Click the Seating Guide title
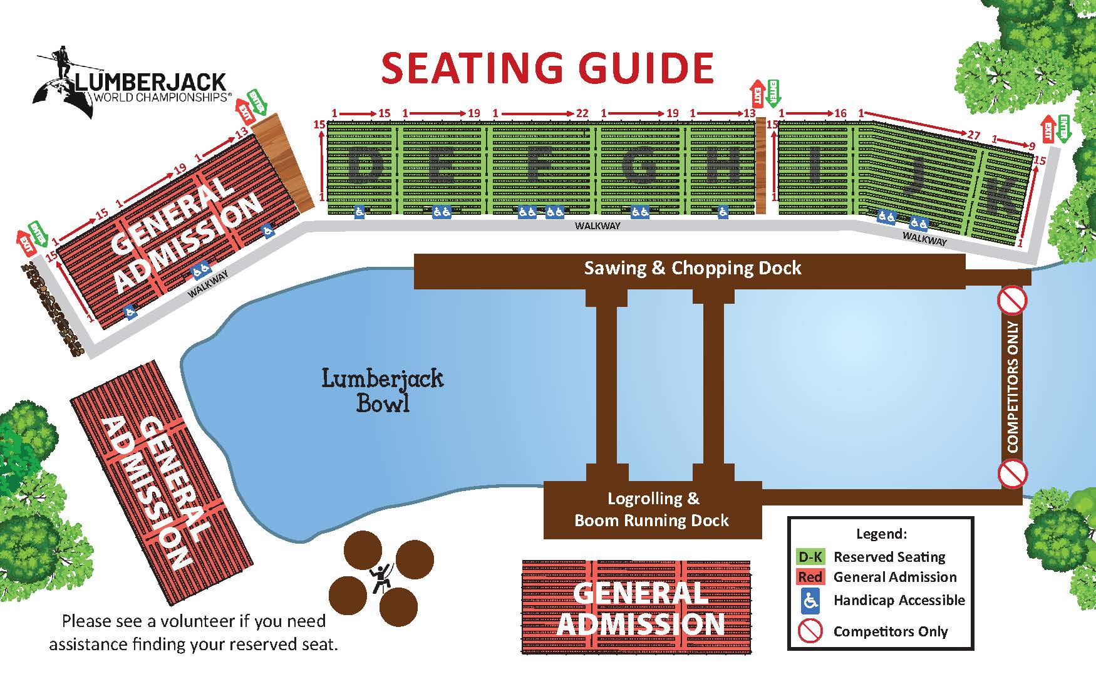547,68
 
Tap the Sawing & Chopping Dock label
692,268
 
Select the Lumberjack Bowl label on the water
383,391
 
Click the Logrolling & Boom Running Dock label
652,509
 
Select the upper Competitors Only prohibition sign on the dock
1012,301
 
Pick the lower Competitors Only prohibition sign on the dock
1012,473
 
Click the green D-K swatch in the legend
810,557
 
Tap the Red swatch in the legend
810,577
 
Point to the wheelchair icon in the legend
810,601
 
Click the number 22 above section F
582,113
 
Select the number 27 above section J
973,135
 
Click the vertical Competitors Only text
1013,386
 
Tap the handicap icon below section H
723,212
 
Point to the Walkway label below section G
597,225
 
